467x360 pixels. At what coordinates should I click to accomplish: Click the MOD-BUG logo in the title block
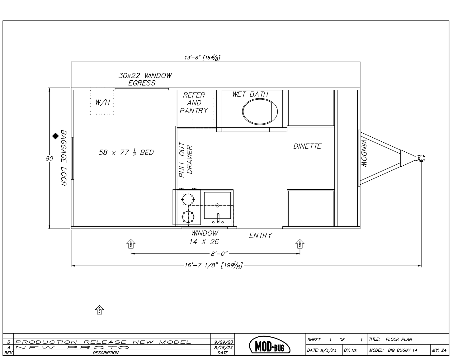[270, 346]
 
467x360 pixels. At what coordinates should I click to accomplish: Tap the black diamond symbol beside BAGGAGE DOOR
[55, 136]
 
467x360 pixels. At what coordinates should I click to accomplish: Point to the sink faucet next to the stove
[218, 218]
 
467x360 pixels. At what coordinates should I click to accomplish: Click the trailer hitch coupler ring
[421, 158]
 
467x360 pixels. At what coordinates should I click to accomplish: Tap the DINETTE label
[307, 146]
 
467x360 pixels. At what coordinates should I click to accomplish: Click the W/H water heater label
[102, 102]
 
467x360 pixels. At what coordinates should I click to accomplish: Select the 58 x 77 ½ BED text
[126, 153]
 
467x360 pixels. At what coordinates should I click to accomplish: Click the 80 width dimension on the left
[49, 158]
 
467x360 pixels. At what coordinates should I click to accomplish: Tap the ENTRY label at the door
[261, 236]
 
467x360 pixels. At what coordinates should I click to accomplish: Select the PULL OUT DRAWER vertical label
[186, 160]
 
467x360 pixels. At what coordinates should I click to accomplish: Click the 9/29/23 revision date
[222, 342]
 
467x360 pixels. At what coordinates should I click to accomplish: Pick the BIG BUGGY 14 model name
[402, 350]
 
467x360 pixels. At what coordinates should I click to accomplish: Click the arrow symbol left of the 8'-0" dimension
[131, 244]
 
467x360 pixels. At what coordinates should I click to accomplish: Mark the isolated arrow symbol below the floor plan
[99, 310]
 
